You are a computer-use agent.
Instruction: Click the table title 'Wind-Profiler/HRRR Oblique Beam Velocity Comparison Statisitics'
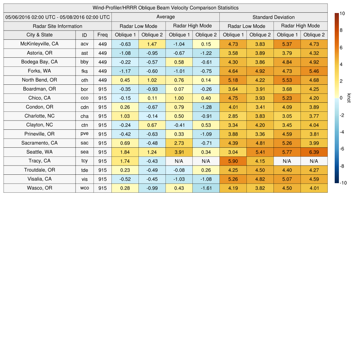click(166, 8)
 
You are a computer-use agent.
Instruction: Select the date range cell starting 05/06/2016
click(58, 17)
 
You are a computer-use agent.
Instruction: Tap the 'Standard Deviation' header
click(274, 17)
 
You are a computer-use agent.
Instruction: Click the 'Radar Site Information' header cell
click(58, 26)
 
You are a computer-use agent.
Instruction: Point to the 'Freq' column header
click(103, 35)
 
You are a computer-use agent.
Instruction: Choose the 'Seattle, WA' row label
click(40, 152)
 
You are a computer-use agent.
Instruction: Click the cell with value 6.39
click(314, 152)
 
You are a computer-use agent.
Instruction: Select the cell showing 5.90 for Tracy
click(233, 161)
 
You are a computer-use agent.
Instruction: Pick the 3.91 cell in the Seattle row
click(179, 152)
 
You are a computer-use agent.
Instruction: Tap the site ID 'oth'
click(84, 80)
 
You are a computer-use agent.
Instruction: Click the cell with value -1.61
click(206, 188)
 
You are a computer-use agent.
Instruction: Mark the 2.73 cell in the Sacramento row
click(179, 143)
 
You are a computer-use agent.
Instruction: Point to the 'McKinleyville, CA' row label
click(40, 44)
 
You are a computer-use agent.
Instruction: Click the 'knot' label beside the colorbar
click(349, 98)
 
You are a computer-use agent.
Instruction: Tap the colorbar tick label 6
click(341, 47)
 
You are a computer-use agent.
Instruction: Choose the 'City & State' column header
click(40, 35)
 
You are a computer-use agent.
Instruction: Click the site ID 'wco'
click(84, 188)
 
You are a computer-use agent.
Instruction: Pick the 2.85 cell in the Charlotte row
click(233, 116)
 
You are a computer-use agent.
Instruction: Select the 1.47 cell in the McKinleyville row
click(152, 44)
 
